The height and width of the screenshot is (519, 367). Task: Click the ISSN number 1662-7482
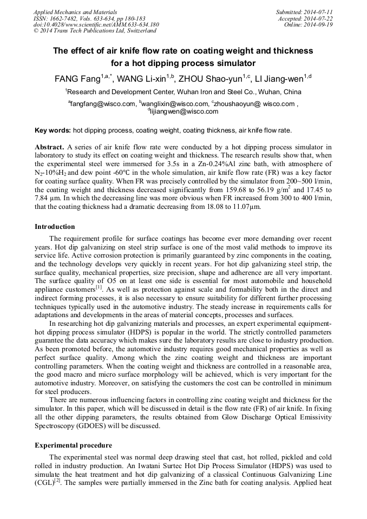pos(66,18)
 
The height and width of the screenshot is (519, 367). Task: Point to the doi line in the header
pos(96,24)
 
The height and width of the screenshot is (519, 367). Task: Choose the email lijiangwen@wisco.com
pos(184,111)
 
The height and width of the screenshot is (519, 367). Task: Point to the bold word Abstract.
pos(49,147)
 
